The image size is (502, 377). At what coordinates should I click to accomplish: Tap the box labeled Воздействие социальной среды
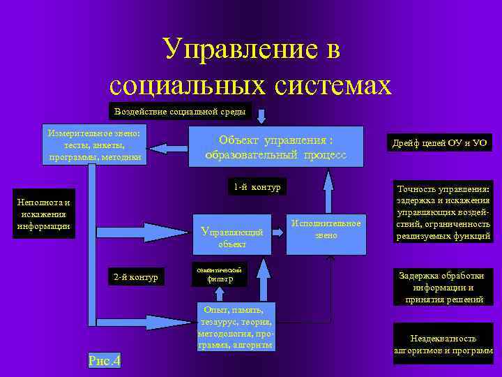(180, 112)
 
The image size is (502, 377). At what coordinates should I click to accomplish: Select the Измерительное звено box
(94, 145)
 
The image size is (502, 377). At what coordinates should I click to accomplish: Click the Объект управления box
(276, 147)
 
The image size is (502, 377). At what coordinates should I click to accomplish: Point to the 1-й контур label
(257, 186)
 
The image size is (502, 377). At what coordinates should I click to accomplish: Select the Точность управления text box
(444, 213)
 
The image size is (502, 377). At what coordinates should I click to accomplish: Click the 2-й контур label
(136, 277)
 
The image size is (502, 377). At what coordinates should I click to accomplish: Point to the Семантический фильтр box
(220, 274)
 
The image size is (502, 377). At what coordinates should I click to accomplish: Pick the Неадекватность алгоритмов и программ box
(443, 343)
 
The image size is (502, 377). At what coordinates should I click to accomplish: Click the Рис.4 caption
(105, 360)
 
